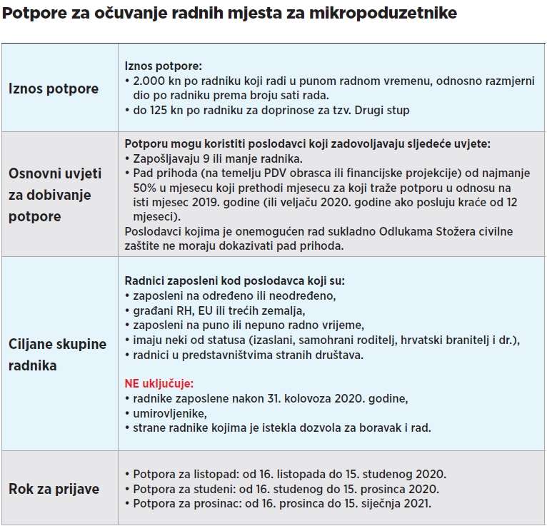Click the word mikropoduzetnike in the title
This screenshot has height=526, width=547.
click(388, 14)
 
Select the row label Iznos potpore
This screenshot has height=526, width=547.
click(54, 88)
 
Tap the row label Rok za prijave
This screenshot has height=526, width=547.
click(54, 489)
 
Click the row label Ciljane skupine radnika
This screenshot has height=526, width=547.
click(57, 354)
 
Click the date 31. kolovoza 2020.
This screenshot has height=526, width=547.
click(312, 398)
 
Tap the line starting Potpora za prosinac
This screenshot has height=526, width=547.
click(282, 503)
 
